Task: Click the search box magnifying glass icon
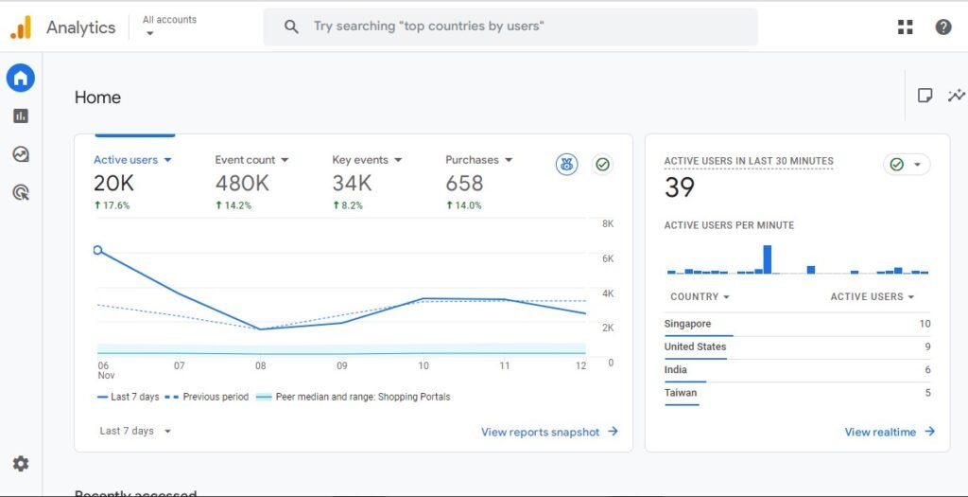point(292,27)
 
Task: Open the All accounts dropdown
point(168,27)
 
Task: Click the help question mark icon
point(942,27)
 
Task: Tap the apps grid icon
point(905,27)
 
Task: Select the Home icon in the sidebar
point(21,78)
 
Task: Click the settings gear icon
point(21,464)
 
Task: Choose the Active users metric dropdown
point(132,160)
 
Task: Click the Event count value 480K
point(242,183)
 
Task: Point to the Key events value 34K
point(352,183)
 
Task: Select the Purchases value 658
point(464,183)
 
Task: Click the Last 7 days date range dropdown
point(135,431)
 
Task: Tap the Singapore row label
point(687,324)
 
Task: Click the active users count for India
point(926,370)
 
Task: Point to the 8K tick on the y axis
point(608,224)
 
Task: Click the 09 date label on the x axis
point(342,365)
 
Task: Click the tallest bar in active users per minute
point(767,259)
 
